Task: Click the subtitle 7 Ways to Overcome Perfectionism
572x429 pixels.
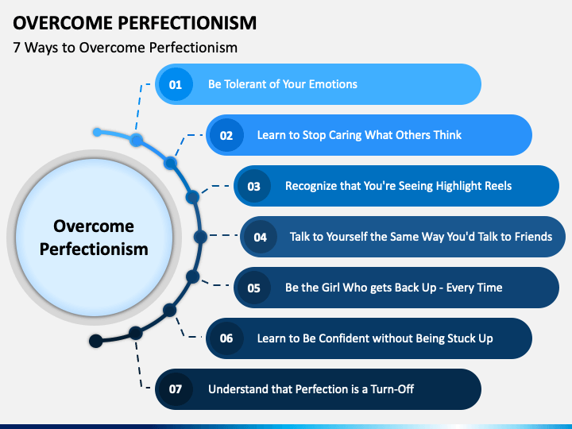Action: pos(125,48)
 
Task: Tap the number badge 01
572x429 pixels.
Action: pos(176,84)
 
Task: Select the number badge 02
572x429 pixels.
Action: pos(226,135)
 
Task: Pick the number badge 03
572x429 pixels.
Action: pos(254,186)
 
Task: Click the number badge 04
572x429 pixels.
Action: pos(260,237)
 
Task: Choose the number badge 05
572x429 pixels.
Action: pos(254,288)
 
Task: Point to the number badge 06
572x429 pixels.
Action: pos(226,338)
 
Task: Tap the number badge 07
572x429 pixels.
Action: pos(176,389)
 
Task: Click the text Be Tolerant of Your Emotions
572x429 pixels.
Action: pos(283,84)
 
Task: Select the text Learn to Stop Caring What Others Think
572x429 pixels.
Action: pos(359,135)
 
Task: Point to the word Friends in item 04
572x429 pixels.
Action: pos(531,237)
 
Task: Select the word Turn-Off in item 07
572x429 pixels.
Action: pos(390,389)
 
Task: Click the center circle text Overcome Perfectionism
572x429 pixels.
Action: pos(94,238)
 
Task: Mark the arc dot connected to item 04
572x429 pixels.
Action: pos(200,236)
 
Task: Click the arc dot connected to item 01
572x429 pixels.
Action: pos(137,141)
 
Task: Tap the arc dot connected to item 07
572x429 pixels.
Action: pos(136,332)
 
